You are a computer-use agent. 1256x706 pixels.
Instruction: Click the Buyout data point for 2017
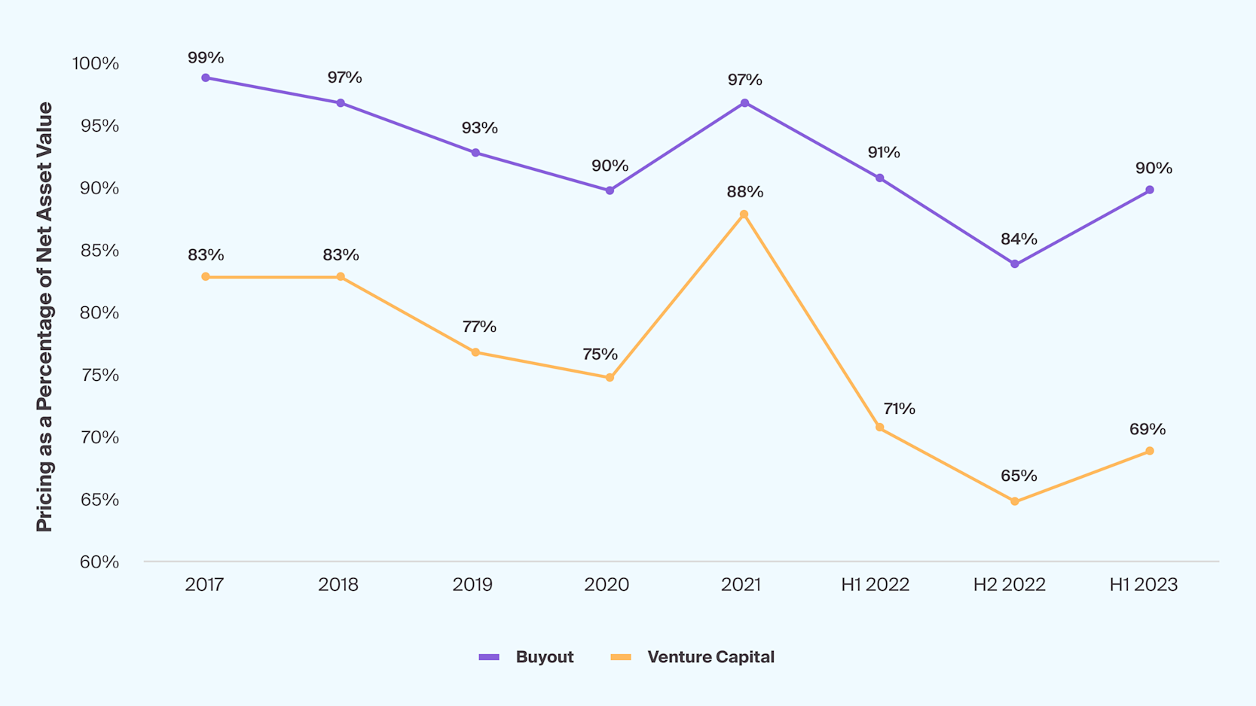pyautogui.click(x=206, y=78)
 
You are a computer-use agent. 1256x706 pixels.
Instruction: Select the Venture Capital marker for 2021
pyautogui.click(x=744, y=215)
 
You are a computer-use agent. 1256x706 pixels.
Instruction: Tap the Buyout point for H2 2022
pyautogui.click(x=1014, y=264)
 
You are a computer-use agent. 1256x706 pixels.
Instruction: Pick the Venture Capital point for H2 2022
pyautogui.click(x=1014, y=501)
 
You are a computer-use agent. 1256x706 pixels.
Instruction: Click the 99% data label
pyautogui.click(x=206, y=58)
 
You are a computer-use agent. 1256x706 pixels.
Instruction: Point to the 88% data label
pyautogui.click(x=744, y=192)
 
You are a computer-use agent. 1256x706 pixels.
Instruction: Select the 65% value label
pyautogui.click(x=1019, y=476)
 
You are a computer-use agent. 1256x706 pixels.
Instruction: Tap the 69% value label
pyautogui.click(x=1147, y=429)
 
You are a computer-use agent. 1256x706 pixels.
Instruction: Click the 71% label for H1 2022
pyautogui.click(x=899, y=409)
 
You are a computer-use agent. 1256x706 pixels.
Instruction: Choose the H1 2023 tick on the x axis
pyautogui.click(x=1143, y=585)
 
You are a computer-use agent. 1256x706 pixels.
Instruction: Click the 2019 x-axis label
pyautogui.click(x=472, y=585)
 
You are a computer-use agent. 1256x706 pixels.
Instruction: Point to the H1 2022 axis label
pyautogui.click(x=875, y=585)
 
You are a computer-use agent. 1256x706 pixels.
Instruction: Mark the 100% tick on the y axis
pyautogui.click(x=96, y=64)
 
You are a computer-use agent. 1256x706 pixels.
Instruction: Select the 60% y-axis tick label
pyautogui.click(x=99, y=562)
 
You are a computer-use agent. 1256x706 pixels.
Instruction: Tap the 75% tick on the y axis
pyautogui.click(x=99, y=376)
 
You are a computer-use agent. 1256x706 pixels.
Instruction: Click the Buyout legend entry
pyautogui.click(x=544, y=657)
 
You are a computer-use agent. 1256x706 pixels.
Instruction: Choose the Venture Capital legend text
pyautogui.click(x=711, y=657)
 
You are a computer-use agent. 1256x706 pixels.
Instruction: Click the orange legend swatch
pyautogui.click(x=620, y=657)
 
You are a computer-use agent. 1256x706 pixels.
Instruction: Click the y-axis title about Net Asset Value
pyautogui.click(x=44, y=316)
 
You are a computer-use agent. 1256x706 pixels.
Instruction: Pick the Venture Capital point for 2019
pyautogui.click(x=475, y=352)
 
